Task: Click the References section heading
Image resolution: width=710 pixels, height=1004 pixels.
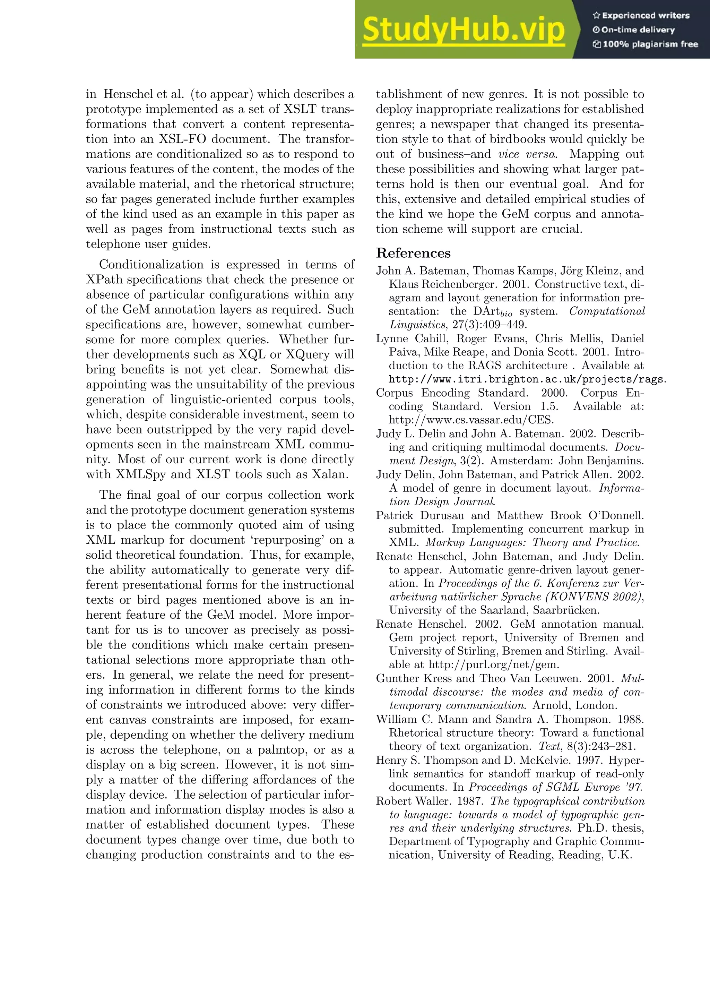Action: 413,253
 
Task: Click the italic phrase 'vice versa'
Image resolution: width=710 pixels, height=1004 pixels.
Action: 527,154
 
